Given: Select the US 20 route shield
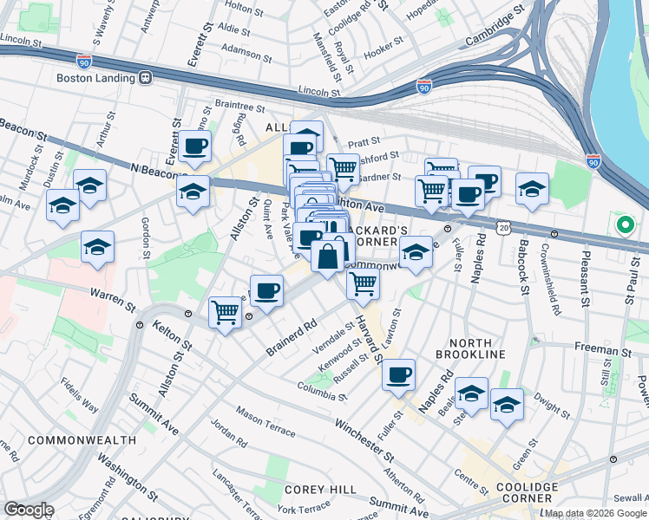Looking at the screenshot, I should [503, 225].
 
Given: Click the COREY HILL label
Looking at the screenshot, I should [320, 490].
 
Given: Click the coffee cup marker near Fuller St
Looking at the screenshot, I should [398, 374].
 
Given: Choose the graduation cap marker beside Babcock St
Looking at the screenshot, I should [532, 188].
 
